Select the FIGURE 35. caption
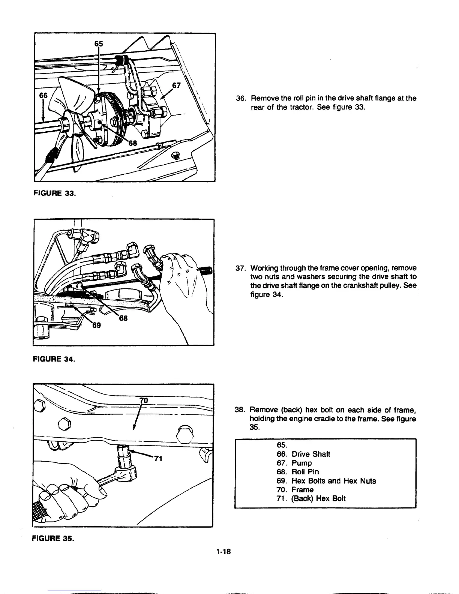pos(53,539)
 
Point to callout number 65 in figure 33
pos(98,43)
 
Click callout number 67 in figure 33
pos(176,86)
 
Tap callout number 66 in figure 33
pos(44,96)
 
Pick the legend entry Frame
pos(302,490)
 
